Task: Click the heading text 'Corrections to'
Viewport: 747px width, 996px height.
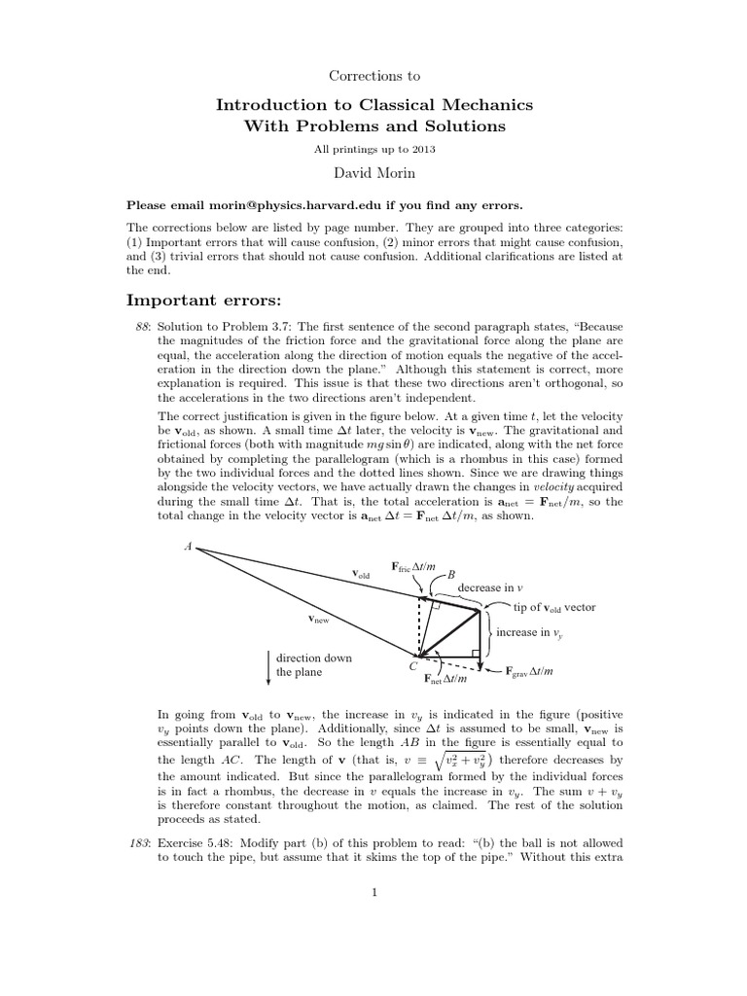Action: click(x=373, y=74)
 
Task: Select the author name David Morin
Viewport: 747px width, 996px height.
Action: click(x=373, y=172)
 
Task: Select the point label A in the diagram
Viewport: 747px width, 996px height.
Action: click(x=188, y=547)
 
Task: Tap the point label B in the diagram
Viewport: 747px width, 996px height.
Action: click(x=450, y=575)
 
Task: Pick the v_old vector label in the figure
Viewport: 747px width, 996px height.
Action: click(x=361, y=576)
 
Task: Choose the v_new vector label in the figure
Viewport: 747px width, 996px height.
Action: click(x=318, y=619)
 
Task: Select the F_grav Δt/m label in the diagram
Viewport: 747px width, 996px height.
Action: click(x=530, y=671)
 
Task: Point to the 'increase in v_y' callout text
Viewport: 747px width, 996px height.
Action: click(x=530, y=632)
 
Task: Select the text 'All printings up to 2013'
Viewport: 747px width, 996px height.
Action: click(x=373, y=148)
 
